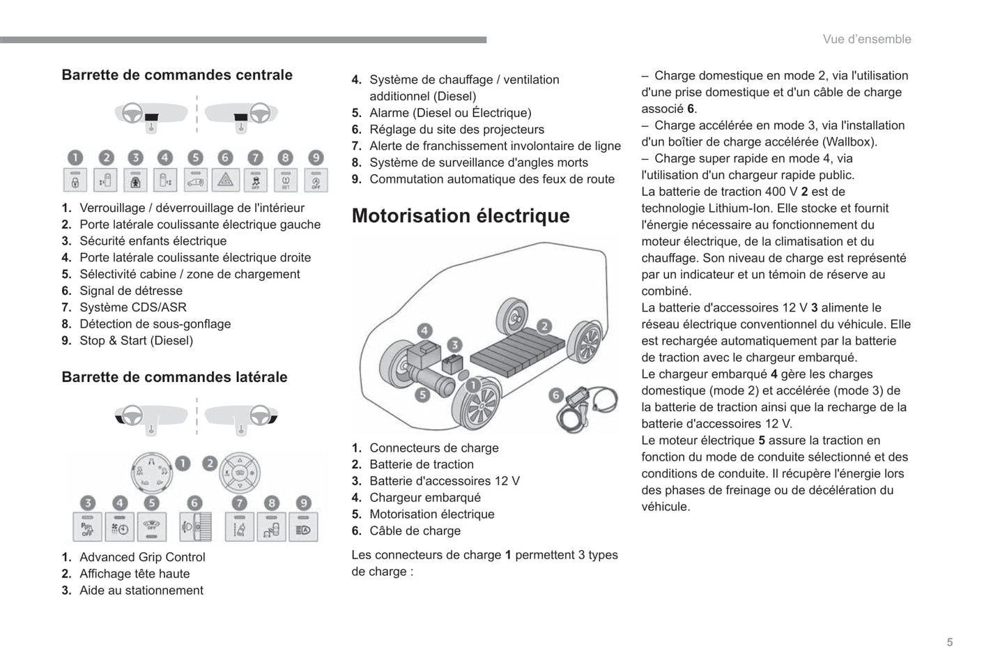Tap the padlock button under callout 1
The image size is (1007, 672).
[x=75, y=181]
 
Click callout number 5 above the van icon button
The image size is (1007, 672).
[x=195, y=158]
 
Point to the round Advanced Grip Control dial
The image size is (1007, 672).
[x=151, y=473]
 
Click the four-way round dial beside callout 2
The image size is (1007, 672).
[x=240, y=473]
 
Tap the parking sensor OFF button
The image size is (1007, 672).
[x=88, y=528]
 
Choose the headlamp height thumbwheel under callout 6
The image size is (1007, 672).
[x=196, y=528]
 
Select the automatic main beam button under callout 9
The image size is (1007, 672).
[x=304, y=528]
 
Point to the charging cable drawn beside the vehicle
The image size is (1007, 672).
[x=586, y=412]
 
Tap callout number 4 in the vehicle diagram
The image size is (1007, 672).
[x=424, y=330]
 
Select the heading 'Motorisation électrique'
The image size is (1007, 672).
[x=461, y=216]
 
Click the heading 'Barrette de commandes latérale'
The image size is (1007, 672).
[x=174, y=377]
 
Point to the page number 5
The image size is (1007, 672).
[x=949, y=643]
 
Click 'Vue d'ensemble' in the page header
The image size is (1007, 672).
[x=866, y=40]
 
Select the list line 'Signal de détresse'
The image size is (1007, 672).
[x=130, y=291]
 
